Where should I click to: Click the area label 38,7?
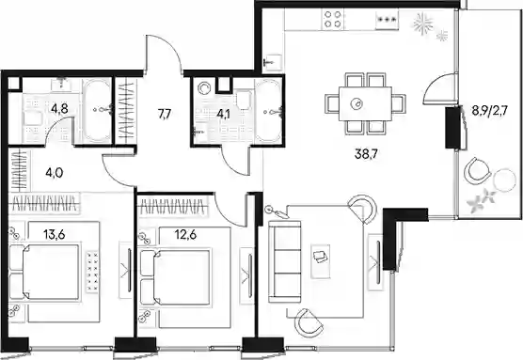coord(365,154)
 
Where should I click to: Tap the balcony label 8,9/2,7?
coord(489,110)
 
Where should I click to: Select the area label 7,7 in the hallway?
coord(165,115)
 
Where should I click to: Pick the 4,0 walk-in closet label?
coord(55,173)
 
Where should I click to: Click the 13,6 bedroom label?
coord(54,235)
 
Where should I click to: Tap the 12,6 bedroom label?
coord(185,235)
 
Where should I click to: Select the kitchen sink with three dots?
coord(388,19)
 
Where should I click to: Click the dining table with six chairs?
coord(365,103)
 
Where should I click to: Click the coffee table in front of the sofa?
coord(320,261)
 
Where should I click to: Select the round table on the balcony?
coord(504,180)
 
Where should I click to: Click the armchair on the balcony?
coord(476,171)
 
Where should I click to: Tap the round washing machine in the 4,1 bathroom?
coord(203,88)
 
